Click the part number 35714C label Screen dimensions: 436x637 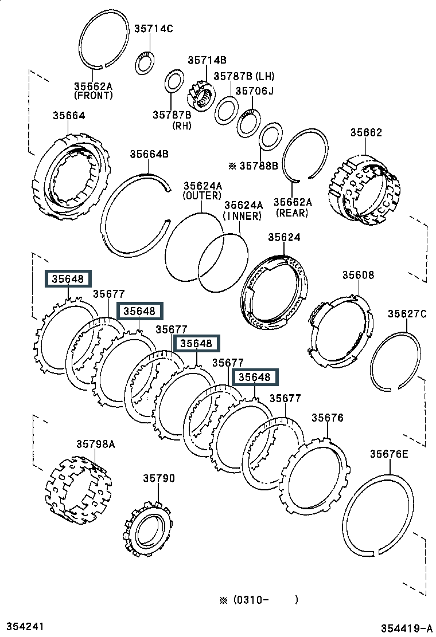(x=154, y=29)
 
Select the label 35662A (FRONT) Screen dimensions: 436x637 (x=93, y=91)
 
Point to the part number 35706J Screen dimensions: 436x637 (x=255, y=91)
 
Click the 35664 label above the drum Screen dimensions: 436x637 (x=69, y=116)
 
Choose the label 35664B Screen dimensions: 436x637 (x=149, y=154)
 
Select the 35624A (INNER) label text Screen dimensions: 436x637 (x=243, y=211)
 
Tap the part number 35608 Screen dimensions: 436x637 (x=358, y=275)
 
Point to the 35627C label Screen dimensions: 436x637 (x=407, y=313)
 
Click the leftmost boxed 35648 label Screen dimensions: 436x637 (x=68, y=278)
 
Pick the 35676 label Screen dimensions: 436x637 (x=328, y=418)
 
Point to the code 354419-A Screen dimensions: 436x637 (x=407, y=628)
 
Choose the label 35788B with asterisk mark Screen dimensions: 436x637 (x=254, y=166)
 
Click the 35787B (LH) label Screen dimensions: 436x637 (x=244, y=76)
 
